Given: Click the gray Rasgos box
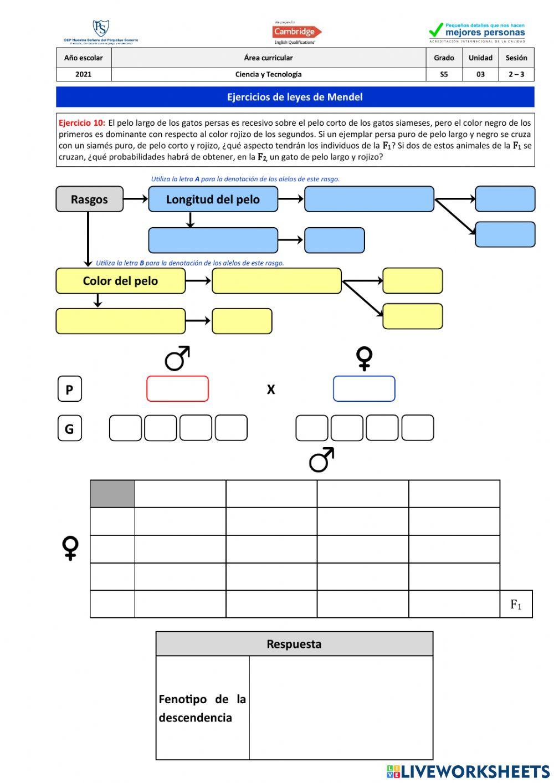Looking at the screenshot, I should pos(89,199).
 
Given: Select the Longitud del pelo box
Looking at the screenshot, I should pos(213,199).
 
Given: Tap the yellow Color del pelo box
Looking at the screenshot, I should pos(120,281).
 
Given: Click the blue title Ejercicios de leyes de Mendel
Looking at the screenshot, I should pos(295,97).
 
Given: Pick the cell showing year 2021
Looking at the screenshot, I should pos(84,74).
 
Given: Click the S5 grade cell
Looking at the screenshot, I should pos(444,74).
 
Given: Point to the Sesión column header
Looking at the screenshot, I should pos(516,58).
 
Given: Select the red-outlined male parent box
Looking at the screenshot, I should pos(177,389).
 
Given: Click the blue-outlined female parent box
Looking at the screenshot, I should pos(364,389).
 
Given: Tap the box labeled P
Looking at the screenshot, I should pos(69,389).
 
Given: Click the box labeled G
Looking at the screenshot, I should pos(69,428).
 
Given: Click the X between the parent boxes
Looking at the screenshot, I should pos(271,390).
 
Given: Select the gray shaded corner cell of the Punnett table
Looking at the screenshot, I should pos(112,494).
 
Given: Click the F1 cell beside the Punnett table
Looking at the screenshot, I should pos(516,605).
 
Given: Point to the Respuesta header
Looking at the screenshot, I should pos(294,644).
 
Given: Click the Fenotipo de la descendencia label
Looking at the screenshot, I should pos(202,708).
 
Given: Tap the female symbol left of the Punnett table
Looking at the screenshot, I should pos(70,548).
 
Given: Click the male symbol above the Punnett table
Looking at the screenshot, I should pos(321,460).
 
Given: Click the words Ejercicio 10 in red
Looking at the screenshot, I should pos(82,123).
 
